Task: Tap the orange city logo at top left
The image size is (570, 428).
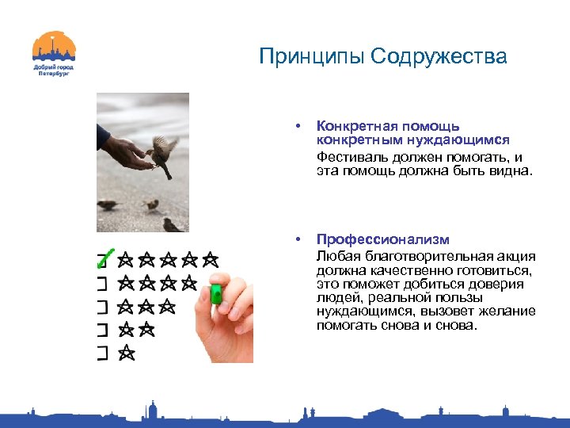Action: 54,48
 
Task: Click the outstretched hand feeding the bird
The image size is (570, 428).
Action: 127,153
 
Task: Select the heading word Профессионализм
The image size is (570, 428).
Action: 382,239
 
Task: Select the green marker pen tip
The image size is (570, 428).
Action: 215,295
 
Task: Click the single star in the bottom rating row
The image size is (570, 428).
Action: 127,353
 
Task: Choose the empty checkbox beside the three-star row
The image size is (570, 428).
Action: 102,305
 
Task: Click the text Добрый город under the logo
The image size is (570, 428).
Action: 54,67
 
